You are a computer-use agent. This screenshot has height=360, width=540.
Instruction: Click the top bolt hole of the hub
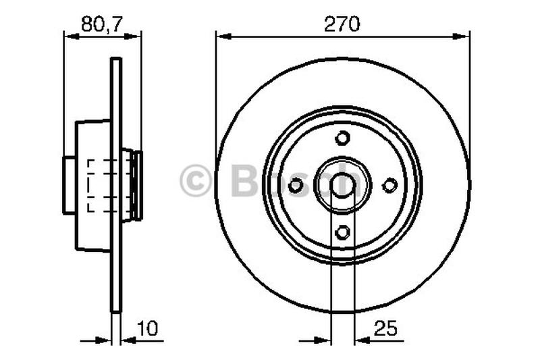coord(343,138)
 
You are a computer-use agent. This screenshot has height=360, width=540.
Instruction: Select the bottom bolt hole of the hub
coord(343,232)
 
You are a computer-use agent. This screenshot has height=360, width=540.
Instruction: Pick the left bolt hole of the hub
coord(296,185)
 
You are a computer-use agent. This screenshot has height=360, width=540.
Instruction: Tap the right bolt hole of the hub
coord(389,185)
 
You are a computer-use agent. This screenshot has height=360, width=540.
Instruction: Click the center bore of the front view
coord(343,184)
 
